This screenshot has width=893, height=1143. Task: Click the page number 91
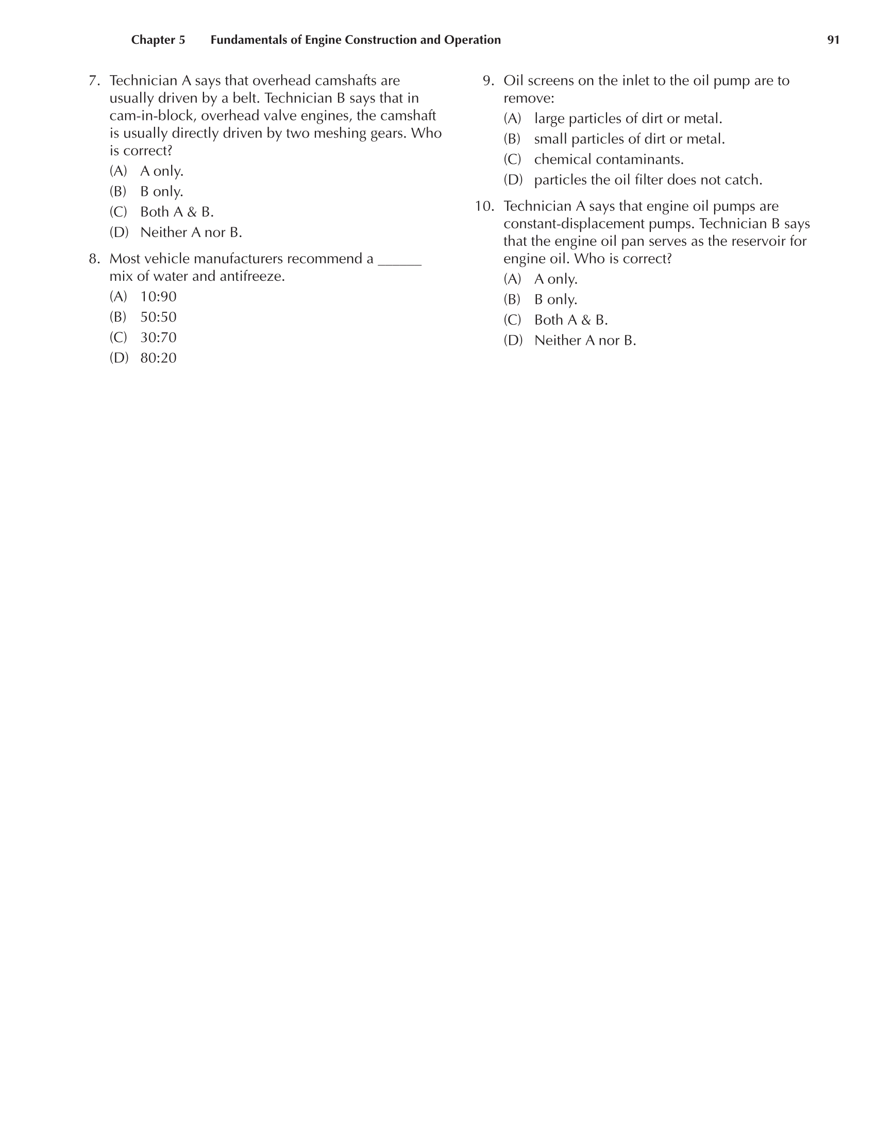tap(833, 40)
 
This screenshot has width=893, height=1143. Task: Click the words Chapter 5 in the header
tap(158, 40)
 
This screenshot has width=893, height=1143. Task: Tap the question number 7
tap(94, 81)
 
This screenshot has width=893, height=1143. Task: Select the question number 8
tap(94, 259)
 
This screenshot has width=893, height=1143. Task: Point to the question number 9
tap(488, 81)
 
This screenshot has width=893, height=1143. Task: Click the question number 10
tap(484, 207)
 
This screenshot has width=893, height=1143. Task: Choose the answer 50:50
tap(158, 317)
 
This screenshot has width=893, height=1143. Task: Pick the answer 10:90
tap(158, 297)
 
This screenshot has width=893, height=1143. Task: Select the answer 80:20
tap(158, 358)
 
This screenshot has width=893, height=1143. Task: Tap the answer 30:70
tap(158, 338)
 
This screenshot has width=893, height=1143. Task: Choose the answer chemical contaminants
tap(609, 160)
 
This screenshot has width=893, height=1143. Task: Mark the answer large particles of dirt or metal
tap(628, 119)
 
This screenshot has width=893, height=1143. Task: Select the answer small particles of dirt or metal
tap(629, 139)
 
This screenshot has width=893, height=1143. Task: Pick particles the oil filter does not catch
tap(648, 180)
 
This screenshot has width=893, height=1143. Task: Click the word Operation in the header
tap(472, 40)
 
